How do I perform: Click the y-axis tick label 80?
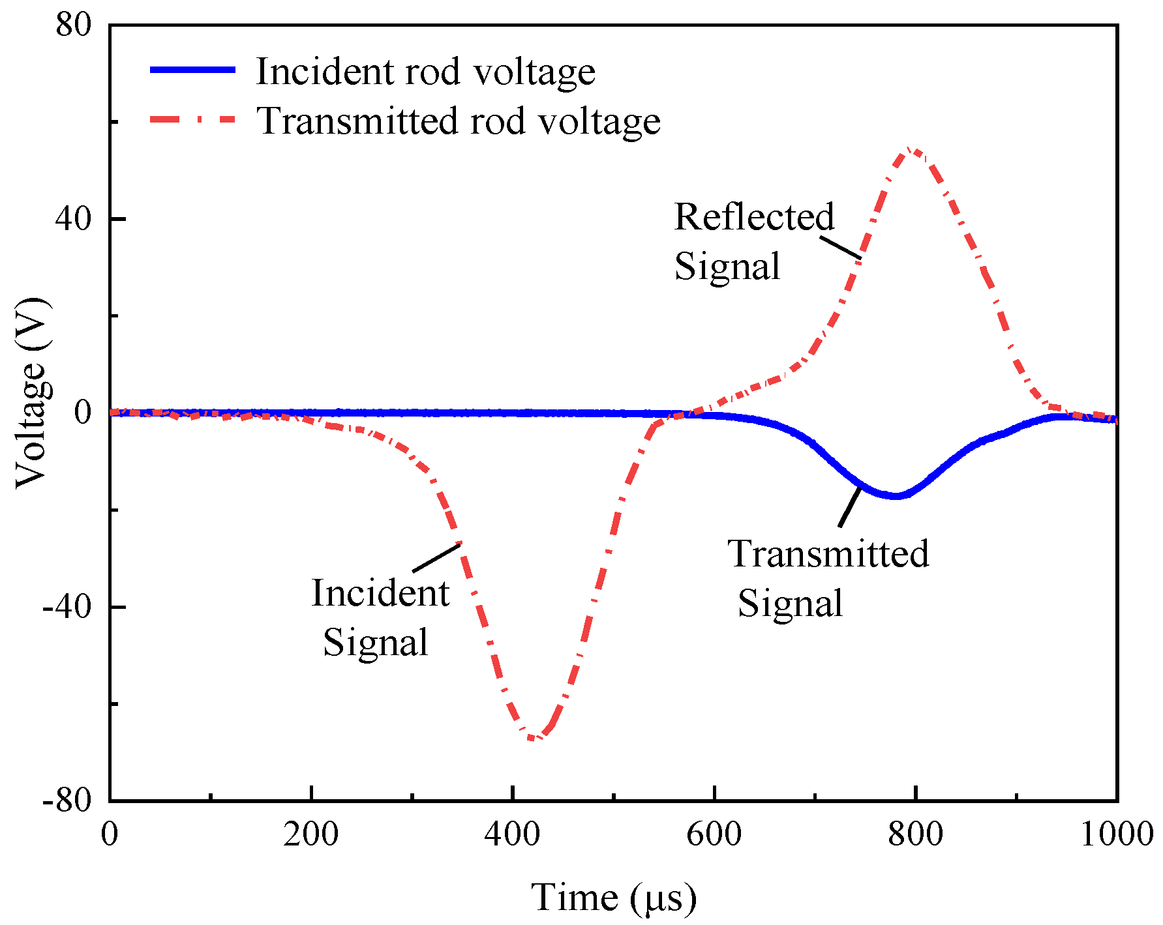72,26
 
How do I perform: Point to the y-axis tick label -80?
67,800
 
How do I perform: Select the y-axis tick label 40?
72,219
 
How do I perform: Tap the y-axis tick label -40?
67,607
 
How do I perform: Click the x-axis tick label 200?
311,834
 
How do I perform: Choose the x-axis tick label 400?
513,834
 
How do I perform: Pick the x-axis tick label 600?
714,834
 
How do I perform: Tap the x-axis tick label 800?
916,834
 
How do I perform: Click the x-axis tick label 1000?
1117,834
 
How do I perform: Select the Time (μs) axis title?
613,897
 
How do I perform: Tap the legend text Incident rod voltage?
425,71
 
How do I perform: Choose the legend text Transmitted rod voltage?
458,121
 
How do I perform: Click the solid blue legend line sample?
192,69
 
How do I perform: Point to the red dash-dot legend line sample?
192,119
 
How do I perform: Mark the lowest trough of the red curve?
533,738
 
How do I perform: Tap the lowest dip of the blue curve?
896,496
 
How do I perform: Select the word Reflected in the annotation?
754,216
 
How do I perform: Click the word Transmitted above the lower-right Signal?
828,553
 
